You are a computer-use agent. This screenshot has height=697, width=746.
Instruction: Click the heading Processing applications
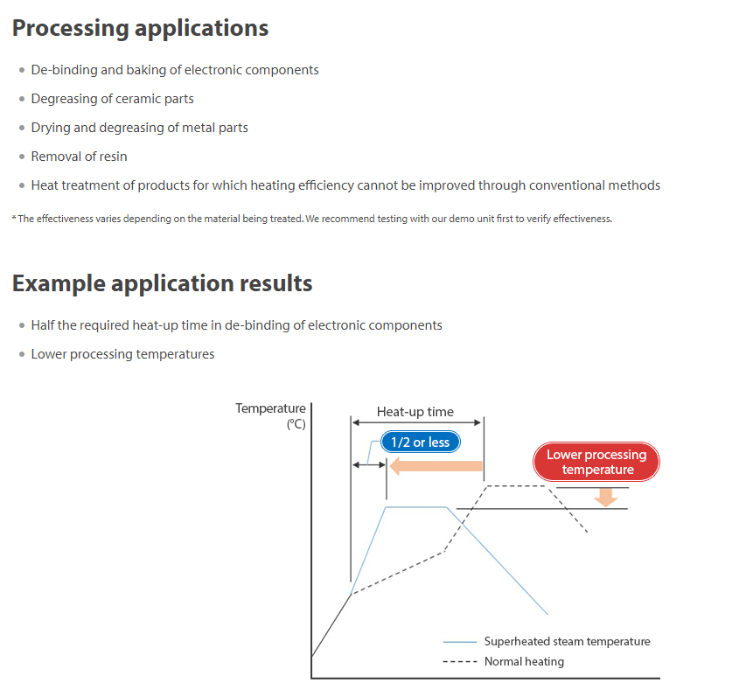tap(140, 28)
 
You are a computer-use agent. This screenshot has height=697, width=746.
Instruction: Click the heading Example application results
tap(162, 283)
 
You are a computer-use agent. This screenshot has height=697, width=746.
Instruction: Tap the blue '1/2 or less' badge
tap(420, 443)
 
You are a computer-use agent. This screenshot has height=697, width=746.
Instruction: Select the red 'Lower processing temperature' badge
tap(596, 462)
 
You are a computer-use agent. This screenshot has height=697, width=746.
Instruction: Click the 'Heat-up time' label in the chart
tap(415, 412)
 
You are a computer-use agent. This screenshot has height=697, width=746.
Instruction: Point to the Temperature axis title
tap(270, 408)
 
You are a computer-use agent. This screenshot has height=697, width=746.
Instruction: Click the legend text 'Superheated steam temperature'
tap(567, 641)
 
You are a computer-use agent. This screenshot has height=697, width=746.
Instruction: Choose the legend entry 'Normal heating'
tap(524, 661)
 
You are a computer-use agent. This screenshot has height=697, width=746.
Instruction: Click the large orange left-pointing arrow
tap(435, 466)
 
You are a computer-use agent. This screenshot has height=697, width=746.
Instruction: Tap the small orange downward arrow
tap(603, 496)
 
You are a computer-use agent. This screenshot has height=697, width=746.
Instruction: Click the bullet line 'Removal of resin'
tap(79, 157)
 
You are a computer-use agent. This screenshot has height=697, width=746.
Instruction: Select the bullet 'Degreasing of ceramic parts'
tap(112, 99)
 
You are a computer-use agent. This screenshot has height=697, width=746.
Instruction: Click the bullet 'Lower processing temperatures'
tap(122, 354)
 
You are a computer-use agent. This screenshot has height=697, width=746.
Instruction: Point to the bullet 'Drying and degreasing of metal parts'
tap(139, 128)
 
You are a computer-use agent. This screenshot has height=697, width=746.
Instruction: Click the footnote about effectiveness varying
tap(313, 219)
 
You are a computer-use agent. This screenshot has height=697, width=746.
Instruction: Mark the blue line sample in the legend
tap(460, 642)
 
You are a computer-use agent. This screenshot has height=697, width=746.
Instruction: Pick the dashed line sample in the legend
tap(460, 662)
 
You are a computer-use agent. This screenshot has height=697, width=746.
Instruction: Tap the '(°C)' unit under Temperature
tap(296, 425)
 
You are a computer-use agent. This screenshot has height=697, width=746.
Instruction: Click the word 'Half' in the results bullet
tap(43, 325)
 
